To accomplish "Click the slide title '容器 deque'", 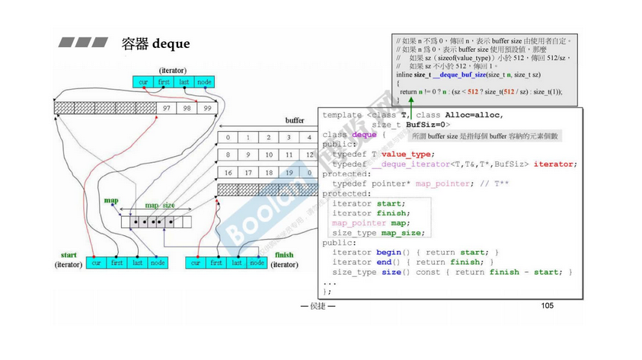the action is point(155,43).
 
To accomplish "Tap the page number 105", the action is point(547,305).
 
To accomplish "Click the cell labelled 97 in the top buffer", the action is point(167,108).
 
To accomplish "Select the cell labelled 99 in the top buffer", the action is point(206,108).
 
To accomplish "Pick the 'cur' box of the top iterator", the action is point(142,82).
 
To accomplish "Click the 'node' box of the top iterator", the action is point(204,82).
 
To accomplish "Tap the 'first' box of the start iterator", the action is point(117,263).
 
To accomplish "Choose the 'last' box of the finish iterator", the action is point(237,263).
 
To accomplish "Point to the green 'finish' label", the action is point(283,254).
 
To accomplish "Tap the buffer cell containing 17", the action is point(247,173).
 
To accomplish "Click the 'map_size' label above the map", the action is point(161,205).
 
